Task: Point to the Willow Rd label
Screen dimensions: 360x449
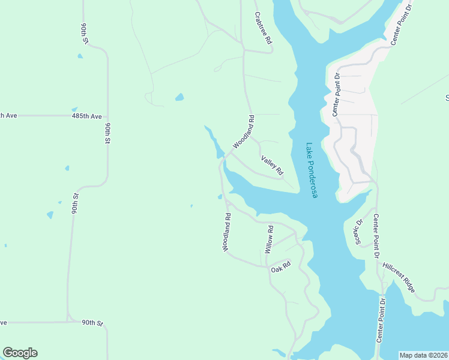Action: (270, 238)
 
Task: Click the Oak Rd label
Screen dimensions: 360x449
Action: (280, 268)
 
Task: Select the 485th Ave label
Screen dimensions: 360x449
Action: (86, 115)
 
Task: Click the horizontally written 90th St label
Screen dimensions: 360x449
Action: (92, 323)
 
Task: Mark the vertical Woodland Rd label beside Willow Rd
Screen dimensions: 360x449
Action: (227, 233)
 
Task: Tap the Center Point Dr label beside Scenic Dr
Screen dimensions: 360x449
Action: (376, 236)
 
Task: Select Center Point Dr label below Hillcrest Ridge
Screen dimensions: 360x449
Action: (380, 319)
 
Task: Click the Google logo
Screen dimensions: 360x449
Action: (20, 353)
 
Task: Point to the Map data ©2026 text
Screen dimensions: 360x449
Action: (423, 355)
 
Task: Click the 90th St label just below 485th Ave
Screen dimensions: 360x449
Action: (109, 133)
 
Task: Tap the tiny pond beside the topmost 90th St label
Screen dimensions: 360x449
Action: (80, 56)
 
